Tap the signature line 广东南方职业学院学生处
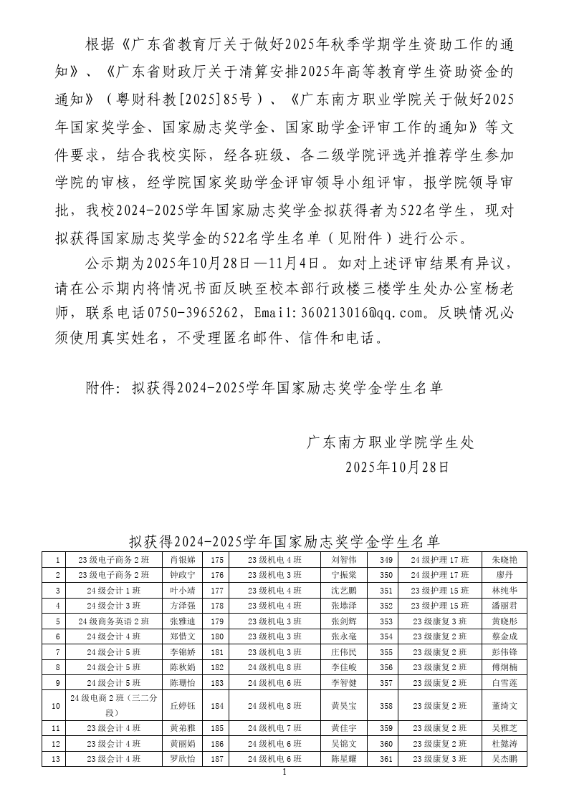[391, 442]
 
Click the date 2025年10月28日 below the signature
[397, 468]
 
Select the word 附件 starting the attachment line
[102, 388]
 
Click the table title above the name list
[284, 540]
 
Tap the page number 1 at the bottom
[284, 772]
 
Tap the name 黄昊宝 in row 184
[344, 705]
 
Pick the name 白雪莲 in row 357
[504, 684]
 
